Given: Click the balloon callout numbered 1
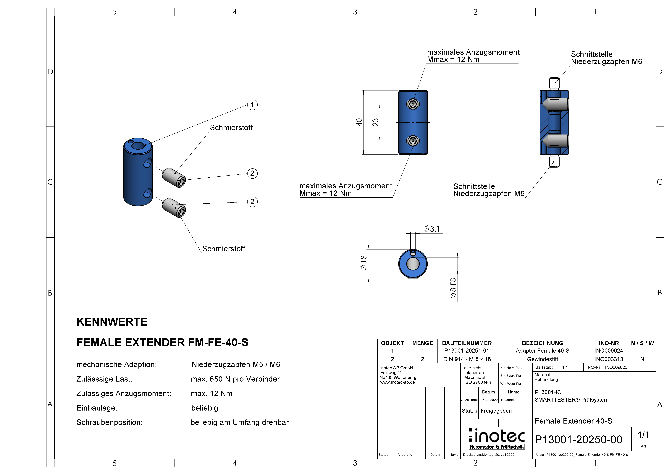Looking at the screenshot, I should click(252, 105).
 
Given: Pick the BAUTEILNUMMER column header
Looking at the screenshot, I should click(467, 343).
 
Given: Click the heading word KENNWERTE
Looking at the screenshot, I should click(112, 322).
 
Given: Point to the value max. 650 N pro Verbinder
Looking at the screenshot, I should click(235, 379).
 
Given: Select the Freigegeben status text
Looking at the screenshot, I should click(496, 411).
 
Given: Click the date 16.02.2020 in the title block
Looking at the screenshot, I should click(489, 400).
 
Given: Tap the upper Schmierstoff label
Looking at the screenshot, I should click(231, 128).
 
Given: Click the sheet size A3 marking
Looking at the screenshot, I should click(643, 447).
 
